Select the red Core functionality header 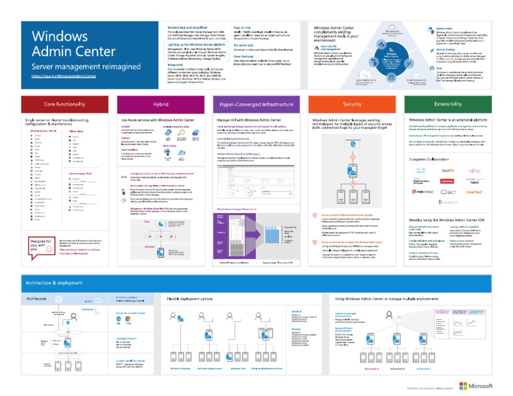[x=64, y=104]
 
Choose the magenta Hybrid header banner [x=160, y=104]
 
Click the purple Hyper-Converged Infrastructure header [x=256, y=104]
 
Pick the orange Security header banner [x=352, y=104]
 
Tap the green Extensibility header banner [x=448, y=104]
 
